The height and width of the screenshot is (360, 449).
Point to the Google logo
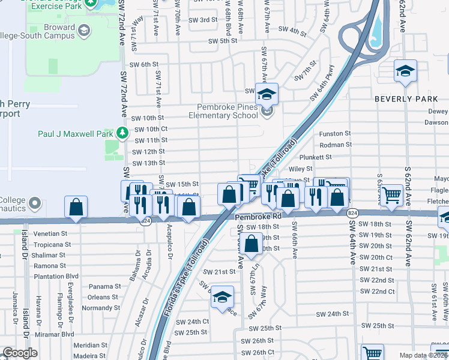20,353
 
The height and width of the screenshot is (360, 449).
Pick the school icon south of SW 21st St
222,298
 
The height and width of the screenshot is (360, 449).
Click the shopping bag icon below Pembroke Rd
252,244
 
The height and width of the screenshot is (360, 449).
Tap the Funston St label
335,133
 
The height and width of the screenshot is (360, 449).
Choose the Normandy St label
101,308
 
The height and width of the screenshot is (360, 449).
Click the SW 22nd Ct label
378,291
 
